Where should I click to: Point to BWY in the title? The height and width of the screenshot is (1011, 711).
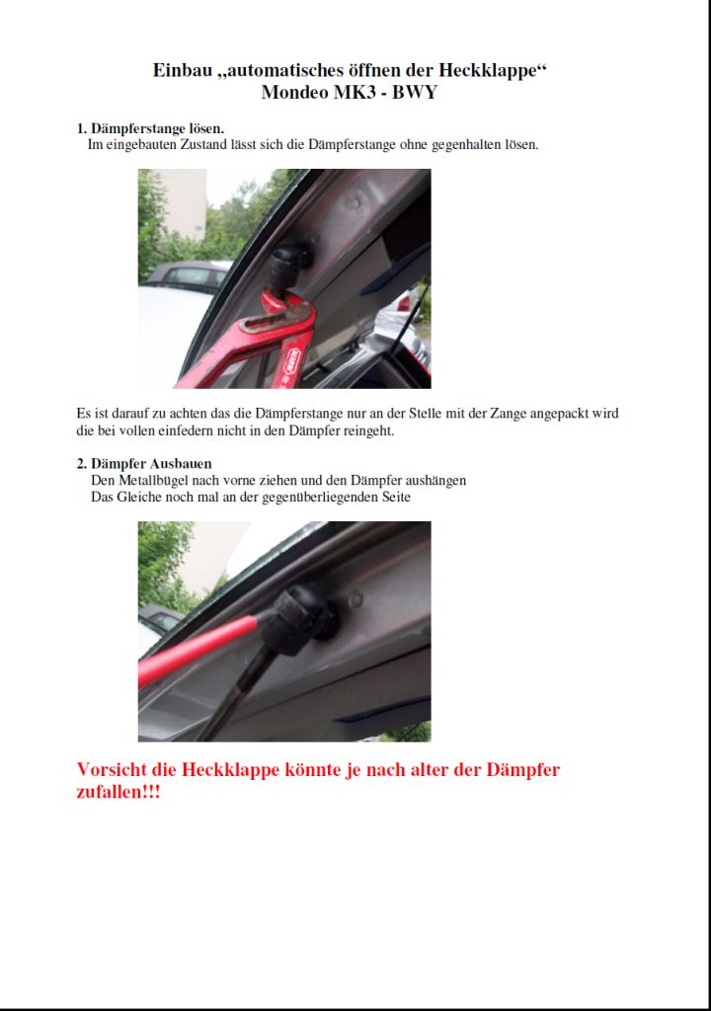[415, 92]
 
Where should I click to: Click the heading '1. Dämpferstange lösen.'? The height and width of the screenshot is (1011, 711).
[150, 128]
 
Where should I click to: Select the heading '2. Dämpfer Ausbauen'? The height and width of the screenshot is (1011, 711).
[144, 464]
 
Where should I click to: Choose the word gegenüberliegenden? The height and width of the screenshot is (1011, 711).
[308, 498]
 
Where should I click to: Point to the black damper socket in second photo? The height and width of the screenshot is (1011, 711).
[308, 619]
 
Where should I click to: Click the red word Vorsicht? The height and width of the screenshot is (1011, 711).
[112, 769]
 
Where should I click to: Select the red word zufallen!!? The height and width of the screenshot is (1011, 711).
[118, 792]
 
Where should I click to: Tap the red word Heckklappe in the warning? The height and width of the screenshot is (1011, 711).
[230, 769]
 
